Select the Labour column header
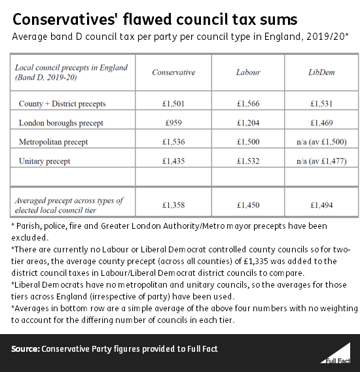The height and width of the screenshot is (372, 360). (249, 73)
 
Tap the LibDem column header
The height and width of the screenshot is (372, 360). (321, 73)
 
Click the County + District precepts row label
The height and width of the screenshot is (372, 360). (62, 103)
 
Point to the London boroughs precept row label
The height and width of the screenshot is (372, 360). (61, 122)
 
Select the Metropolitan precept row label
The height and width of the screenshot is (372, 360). (54, 141)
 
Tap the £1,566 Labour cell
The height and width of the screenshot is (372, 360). (249, 103)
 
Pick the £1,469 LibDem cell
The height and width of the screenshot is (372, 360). (321, 122)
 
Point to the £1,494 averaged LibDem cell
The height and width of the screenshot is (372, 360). (321, 205)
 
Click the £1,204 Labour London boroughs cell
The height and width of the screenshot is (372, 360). (249, 122)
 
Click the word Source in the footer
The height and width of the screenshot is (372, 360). (24, 349)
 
